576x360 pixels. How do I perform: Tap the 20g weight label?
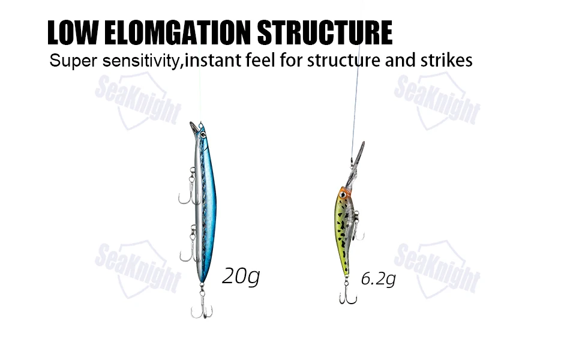(x=241, y=276)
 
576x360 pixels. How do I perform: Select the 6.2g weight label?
(x=378, y=278)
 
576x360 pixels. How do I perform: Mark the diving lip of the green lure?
(x=358, y=155)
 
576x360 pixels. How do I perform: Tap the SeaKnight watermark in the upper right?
(x=437, y=100)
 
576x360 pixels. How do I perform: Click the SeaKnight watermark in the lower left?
(x=138, y=268)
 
